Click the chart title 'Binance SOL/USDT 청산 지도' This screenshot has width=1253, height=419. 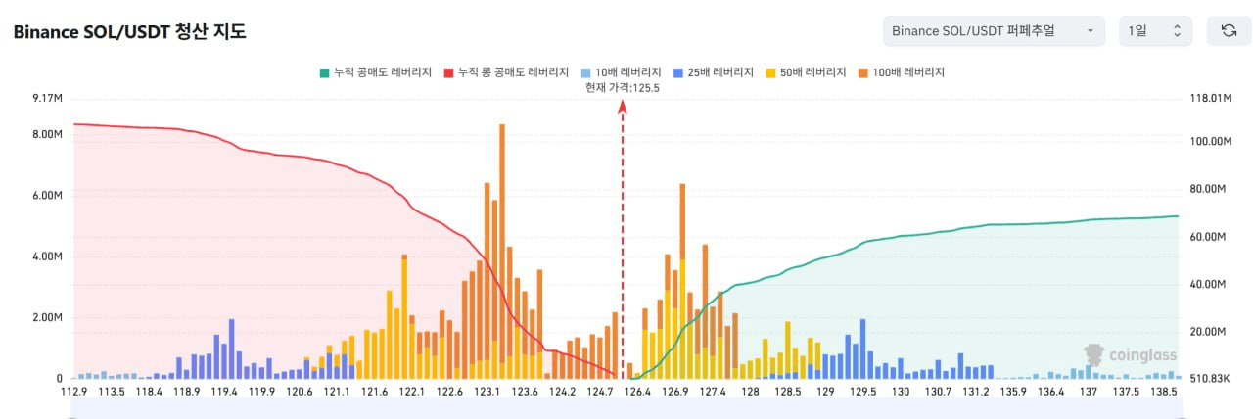pyautogui.click(x=129, y=31)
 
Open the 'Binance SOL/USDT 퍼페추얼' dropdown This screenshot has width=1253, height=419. pyautogui.click(x=993, y=31)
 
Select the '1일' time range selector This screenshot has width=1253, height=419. pyautogui.click(x=1155, y=31)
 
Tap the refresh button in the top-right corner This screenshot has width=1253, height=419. pyautogui.click(x=1229, y=31)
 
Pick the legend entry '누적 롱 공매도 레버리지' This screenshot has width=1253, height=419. pyautogui.click(x=506, y=72)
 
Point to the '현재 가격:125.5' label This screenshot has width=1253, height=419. pyautogui.click(x=623, y=87)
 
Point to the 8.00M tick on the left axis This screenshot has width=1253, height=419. pyautogui.click(x=46, y=134)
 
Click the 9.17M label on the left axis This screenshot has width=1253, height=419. pyautogui.click(x=46, y=98)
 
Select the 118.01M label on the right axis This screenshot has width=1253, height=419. pyautogui.click(x=1207, y=98)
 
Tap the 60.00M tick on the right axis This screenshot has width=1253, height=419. pyautogui.click(x=1207, y=237)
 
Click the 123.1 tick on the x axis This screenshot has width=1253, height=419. pyautogui.click(x=487, y=392)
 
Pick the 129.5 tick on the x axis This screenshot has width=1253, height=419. pyautogui.click(x=863, y=392)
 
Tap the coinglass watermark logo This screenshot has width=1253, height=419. pyautogui.click(x=1130, y=355)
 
